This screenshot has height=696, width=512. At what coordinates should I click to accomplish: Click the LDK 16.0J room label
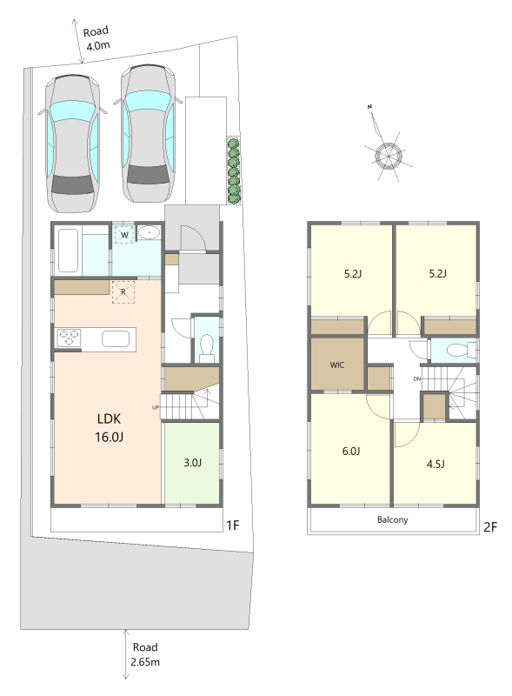click(109, 427)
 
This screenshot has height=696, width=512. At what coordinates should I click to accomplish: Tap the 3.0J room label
click(193, 463)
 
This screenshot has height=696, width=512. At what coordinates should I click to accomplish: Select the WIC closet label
click(336, 365)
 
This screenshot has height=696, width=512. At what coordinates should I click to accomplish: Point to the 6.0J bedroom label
click(351, 451)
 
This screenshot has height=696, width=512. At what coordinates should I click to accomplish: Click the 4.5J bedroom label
click(436, 464)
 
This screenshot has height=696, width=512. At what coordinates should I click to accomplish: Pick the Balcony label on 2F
click(393, 519)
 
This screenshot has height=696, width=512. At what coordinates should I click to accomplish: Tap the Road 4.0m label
click(96, 38)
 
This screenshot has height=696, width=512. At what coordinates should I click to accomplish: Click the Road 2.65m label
click(145, 654)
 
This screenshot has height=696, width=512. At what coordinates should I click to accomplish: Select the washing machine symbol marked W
click(124, 235)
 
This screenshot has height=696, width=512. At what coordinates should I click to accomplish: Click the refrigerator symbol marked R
click(123, 292)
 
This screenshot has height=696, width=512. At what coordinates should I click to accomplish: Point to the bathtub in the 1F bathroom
click(69, 250)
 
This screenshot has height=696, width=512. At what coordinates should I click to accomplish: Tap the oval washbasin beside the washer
click(149, 232)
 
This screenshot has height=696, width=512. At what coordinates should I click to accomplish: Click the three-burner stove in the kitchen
click(69, 338)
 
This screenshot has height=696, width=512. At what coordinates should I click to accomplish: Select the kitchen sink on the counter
click(116, 339)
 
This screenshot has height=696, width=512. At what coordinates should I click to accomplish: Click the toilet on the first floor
click(207, 347)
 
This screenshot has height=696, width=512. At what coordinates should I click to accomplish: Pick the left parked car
click(72, 143)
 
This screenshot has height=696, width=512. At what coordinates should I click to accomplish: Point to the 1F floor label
click(232, 525)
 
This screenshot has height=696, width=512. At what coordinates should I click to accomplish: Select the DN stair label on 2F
click(416, 379)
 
